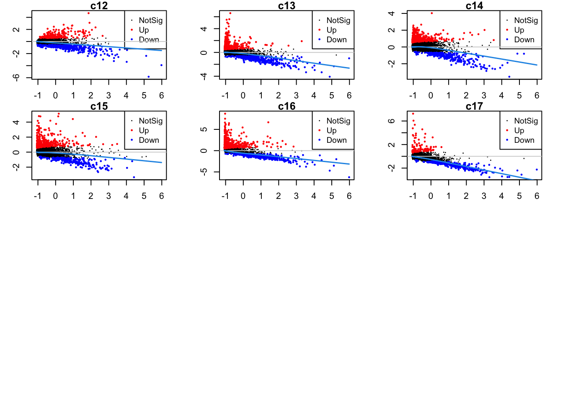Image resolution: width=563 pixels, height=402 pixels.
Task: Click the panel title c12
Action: (x=99, y=6)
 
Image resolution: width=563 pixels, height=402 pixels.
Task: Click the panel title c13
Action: (x=287, y=6)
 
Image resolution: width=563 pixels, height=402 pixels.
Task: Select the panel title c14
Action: (x=474, y=6)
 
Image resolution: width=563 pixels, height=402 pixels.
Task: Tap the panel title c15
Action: (x=99, y=106)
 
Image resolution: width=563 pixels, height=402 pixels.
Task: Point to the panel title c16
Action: (x=287, y=106)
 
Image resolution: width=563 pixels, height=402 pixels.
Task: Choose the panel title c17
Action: (x=474, y=106)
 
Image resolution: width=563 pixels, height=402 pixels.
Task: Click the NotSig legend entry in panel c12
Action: (x=150, y=21)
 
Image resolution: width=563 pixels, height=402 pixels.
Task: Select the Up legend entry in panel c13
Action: (x=331, y=30)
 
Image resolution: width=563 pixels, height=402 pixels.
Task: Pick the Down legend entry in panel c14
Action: (x=524, y=40)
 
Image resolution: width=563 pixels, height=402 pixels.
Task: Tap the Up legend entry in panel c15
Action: (x=144, y=131)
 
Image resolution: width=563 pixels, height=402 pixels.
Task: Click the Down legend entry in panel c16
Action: (x=336, y=140)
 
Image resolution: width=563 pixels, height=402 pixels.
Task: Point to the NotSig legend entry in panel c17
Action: (x=526, y=121)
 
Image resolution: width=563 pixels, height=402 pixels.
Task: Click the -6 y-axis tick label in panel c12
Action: (x=16, y=77)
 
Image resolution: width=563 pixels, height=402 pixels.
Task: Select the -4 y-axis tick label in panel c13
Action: (x=204, y=76)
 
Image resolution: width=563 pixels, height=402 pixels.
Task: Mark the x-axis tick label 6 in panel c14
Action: (x=537, y=95)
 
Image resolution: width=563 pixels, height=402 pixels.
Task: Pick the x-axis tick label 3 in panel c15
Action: (x=108, y=196)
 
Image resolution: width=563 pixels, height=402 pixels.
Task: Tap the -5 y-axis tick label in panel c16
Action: (x=204, y=172)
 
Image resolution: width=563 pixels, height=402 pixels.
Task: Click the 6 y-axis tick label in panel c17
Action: (x=391, y=121)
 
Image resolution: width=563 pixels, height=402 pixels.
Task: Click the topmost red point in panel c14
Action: (x=431, y=13)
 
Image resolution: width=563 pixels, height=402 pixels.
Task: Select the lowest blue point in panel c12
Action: (x=148, y=77)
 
